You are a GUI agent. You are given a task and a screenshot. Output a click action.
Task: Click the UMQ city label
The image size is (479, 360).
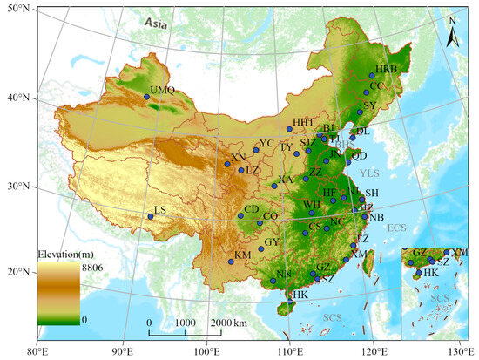pyautogui.click(x=162, y=90)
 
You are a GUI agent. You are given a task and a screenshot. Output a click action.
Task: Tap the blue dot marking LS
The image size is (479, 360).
pyautogui.click(x=150, y=216)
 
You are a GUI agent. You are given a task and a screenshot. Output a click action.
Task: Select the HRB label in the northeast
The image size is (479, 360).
pyautogui.click(x=386, y=69)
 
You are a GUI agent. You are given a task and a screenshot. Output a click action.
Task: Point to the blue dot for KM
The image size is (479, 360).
pyautogui.click(x=231, y=262)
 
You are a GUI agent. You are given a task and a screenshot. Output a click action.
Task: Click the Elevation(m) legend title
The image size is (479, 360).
pyautogui.click(x=66, y=253)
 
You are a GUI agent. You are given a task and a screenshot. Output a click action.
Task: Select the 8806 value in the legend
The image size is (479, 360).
pyautogui.click(x=93, y=268)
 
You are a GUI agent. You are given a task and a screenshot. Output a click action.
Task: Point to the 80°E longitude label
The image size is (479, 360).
pyautogui.click(x=36, y=351)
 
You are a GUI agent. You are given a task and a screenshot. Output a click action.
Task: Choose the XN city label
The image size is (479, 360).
pyautogui.click(x=239, y=158)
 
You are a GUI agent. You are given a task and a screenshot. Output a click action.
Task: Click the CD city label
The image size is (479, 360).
pyautogui.click(x=251, y=209)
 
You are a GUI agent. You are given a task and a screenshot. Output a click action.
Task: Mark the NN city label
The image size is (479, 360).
pyautogui.click(x=284, y=274)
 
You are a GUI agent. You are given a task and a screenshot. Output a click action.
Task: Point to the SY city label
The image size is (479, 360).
pyautogui.click(x=369, y=105)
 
